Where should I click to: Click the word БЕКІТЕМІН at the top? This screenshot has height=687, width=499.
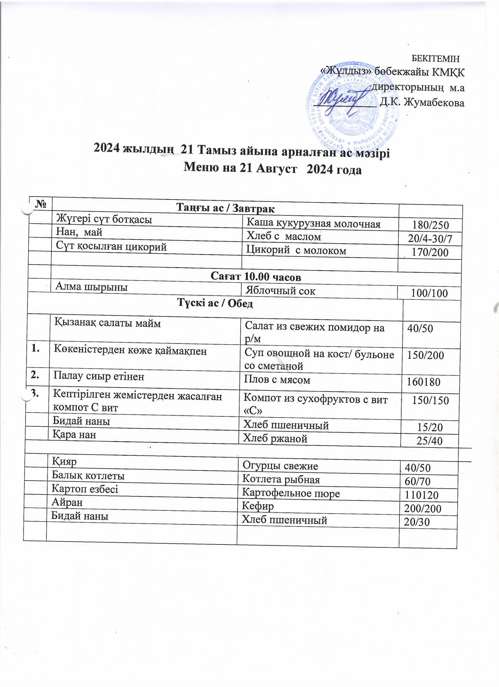(436, 58)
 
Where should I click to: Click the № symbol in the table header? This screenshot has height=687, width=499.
(41, 204)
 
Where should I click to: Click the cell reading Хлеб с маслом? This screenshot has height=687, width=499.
(284, 236)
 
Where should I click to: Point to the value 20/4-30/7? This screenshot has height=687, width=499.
(430, 239)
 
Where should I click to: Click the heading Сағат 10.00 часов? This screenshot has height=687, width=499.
(256, 277)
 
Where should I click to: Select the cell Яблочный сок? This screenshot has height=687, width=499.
(280, 291)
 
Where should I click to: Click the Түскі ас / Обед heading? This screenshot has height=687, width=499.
(215, 303)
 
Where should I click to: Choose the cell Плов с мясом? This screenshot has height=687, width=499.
(277, 380)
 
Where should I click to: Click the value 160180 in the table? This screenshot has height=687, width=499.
(423, 382)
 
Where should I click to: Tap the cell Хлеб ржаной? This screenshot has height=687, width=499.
(275, 438)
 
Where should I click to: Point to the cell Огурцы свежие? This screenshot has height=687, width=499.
(280, 466)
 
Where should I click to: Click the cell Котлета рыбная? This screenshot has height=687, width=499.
(281, 480)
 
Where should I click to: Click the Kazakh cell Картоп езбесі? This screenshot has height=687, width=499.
(85, 489)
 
